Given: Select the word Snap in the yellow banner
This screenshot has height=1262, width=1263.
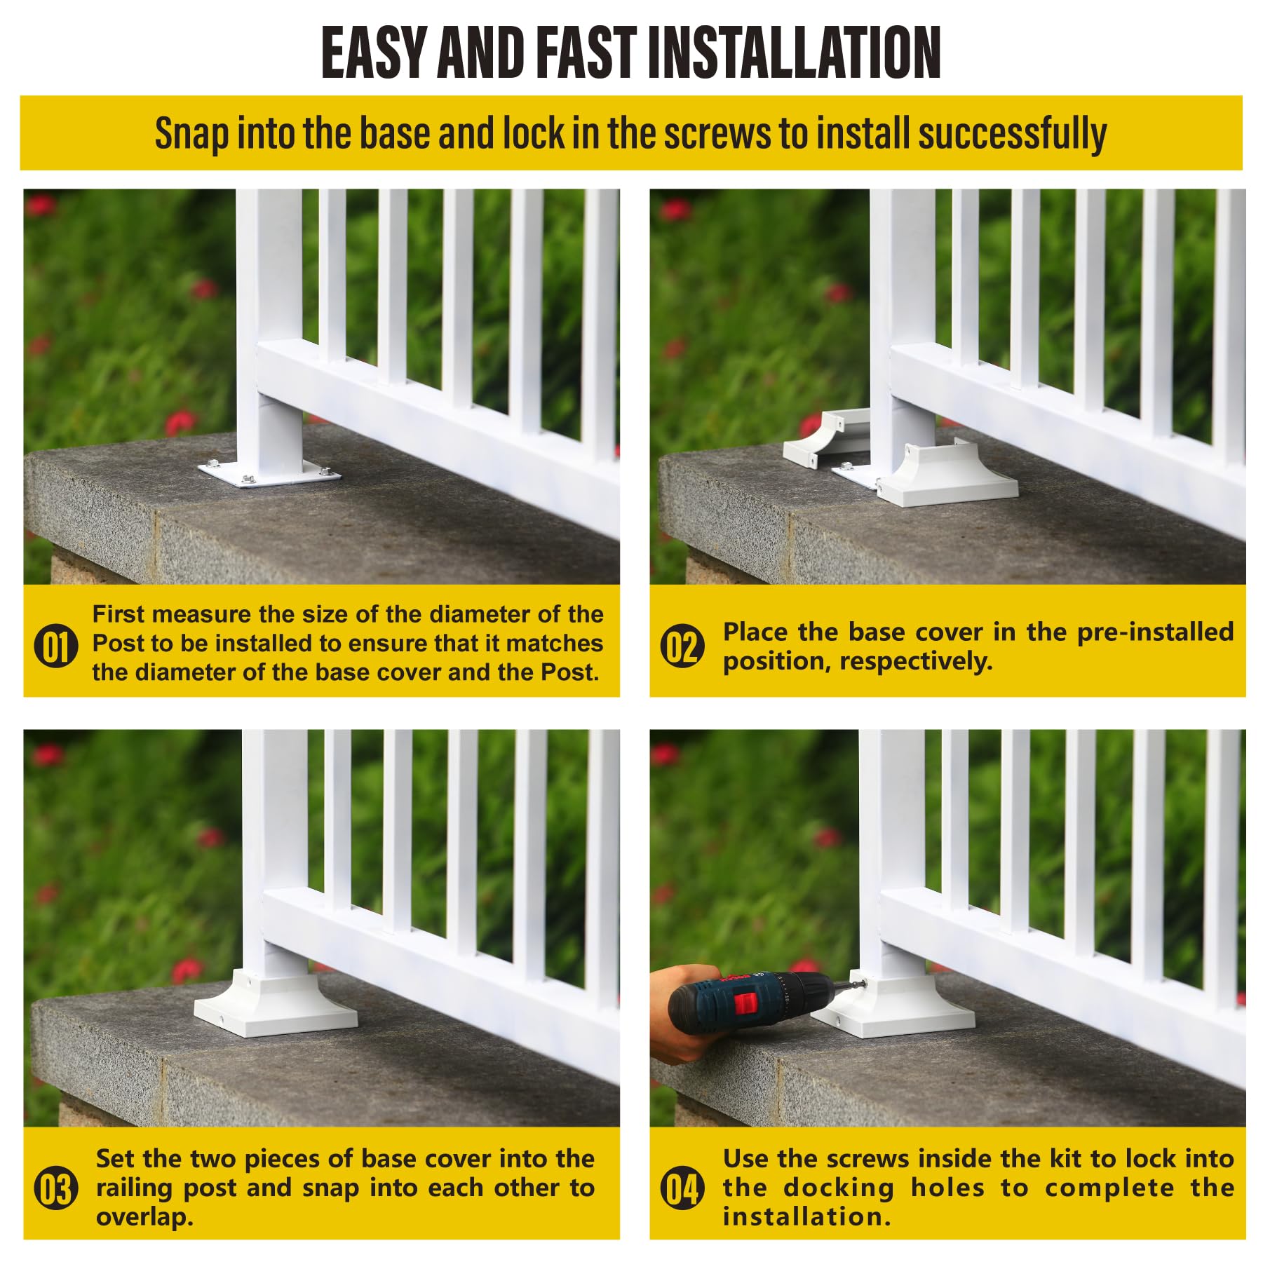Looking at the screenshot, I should pyautogui.click(x=191, y=133).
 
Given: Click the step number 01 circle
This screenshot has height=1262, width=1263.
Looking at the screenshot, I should pyautogui.click(x=56, y=646).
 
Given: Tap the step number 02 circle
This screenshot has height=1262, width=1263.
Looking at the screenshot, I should pyautogui.click(x=682, y=646).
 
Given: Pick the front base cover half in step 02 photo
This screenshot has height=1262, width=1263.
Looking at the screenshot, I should pyautogui.click(x=947, y=477).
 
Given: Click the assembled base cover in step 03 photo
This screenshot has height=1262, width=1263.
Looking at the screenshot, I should pyautogui.click(x=275, y=1006).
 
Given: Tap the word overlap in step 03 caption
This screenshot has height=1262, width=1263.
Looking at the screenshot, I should pyautogui.click(x=144, y=1217).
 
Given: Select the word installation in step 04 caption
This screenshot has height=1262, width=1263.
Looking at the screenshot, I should pyautogui.click(x=806, y=1217).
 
